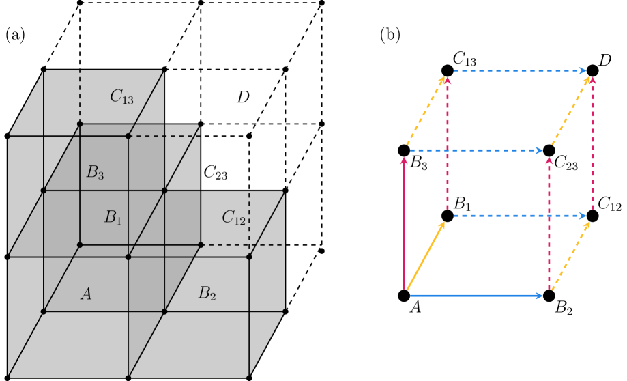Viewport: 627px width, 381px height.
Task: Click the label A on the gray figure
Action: point(86,294)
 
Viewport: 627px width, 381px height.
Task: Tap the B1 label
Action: point(113,218)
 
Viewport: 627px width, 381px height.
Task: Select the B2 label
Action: point(207,294)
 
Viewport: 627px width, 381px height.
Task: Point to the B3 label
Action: point(95,172)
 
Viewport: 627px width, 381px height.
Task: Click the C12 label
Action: point(233,218)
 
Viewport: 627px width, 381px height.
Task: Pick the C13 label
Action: point(121,97)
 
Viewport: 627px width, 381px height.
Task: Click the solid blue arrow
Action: point(476,296)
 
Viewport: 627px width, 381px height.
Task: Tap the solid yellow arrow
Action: point(426,255)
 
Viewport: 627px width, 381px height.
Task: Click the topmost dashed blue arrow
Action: point(519,71)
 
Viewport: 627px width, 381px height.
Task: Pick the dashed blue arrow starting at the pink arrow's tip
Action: point(476,150)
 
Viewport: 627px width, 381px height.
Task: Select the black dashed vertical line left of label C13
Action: point(80,96)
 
